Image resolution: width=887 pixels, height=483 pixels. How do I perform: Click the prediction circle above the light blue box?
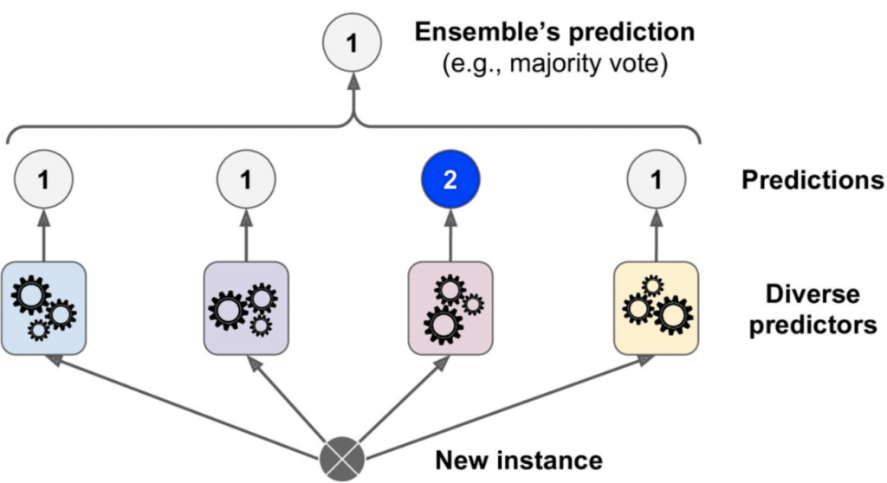[x=43, y=181]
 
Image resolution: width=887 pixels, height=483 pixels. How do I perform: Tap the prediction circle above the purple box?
[x=246, y=181]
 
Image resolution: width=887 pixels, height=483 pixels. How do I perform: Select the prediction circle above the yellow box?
[x=655, y=181]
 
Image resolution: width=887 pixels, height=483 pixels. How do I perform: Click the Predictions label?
[x=813, y=181]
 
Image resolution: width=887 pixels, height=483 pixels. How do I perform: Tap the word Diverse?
[x=813, y=293]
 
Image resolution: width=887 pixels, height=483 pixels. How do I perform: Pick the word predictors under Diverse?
[x=813, y=326]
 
